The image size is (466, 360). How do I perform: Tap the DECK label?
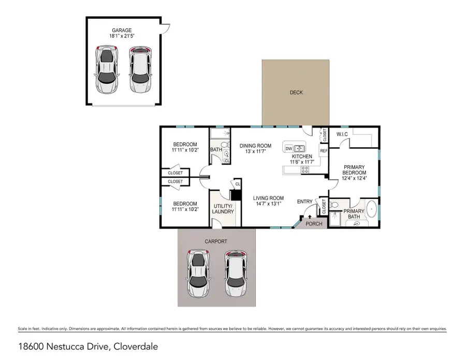[296, 93]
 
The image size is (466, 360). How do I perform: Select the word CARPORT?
[216, 241]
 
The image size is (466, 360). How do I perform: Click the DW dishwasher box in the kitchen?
[289, 148]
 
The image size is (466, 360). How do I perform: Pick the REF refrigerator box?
[324, 151]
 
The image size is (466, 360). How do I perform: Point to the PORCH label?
[314, 224]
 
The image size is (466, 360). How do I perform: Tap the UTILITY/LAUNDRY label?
[224, 209]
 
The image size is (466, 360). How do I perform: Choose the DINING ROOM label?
[255, 146]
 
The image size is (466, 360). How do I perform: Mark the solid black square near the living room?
[236, 196]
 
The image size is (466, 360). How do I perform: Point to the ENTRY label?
[304, 201]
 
